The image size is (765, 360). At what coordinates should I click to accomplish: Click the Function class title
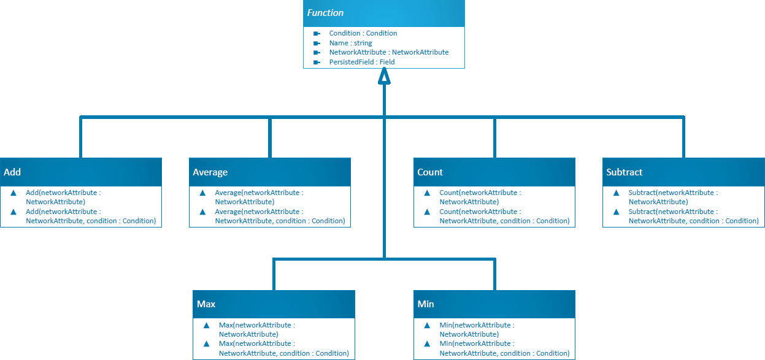pos(326,13)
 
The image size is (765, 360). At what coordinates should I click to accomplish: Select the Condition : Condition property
pos(363,33)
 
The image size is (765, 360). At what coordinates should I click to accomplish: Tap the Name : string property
pos(350,43)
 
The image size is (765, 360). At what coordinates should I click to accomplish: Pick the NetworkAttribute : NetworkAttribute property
pos(388,52)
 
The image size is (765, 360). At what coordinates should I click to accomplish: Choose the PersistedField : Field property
pos(361,62)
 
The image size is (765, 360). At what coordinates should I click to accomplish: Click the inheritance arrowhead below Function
pos(384,75)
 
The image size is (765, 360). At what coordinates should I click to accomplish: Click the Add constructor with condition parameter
pos(90,216)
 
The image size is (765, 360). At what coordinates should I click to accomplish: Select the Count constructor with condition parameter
pos(504,216)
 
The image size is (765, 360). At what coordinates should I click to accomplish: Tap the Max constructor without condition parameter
pos(256,329)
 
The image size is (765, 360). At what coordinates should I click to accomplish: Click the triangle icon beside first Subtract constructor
pos(616,193)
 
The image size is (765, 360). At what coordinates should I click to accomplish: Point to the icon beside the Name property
pos(317,43)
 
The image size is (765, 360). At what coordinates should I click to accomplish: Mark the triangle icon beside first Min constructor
pos(427,325)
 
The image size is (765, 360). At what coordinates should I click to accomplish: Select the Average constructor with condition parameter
pos(279,216)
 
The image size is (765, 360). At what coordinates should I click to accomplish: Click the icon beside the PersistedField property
pos(317,62)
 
